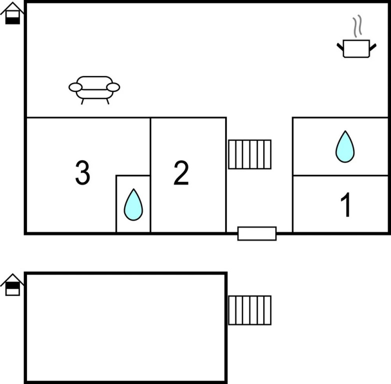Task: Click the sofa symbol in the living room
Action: pos(94,90)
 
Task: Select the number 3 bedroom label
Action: pos(82,173)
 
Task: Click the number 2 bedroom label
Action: pos(181,173)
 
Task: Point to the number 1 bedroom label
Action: pos(346,204)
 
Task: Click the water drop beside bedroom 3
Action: pos(133,204)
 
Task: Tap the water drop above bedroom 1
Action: pos(345,147)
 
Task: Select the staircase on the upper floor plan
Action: pos(250,154)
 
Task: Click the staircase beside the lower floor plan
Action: pos(250,310)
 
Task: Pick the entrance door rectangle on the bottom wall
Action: pos(257,233)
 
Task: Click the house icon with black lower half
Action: pos(12,13)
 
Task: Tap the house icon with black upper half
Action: pos(12,285)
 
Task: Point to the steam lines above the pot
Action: pos(358,26)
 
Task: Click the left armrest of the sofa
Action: pos(75,87)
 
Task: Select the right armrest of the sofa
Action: pos(113,87)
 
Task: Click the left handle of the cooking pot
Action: pos(340,47)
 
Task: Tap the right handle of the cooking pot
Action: pos(373,47)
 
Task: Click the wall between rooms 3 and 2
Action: pos(150,175)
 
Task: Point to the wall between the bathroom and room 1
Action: pos(341,176)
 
